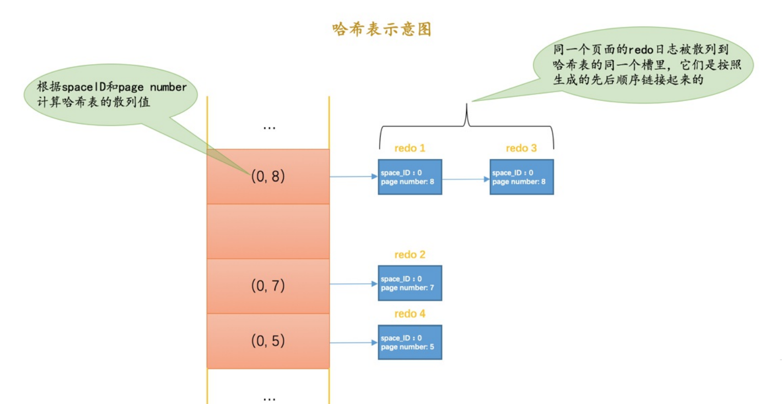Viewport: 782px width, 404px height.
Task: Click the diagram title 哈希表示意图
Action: [382, 29]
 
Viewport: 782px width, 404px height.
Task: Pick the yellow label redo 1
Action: [410, 148]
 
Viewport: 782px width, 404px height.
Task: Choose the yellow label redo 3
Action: [521, 148]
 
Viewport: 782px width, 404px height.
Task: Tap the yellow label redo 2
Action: [410, 255]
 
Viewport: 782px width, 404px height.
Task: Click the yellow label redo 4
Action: [410, 314]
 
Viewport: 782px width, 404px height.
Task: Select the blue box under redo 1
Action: [410, 177]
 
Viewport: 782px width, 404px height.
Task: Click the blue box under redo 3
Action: [521, 177]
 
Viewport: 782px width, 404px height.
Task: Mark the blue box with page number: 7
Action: [410, 283]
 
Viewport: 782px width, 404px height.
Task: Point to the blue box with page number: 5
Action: [410, 342]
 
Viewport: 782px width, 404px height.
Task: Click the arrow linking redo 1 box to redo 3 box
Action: [466, 179]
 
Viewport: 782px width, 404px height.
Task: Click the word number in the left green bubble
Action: [168, 87]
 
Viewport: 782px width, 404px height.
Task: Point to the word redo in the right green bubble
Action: [641, 50]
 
